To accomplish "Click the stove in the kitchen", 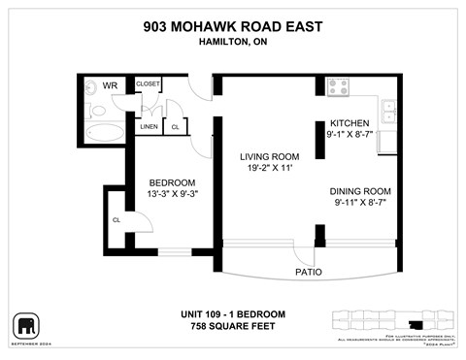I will pyautogui.click(x=338, y=86).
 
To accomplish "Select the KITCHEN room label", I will pyautogui.click(x=349, y=123).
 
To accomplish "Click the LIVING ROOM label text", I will pyautogui.click(x=269, y=155).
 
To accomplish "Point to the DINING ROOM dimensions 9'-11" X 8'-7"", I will pyautogui.click(x=362, y=204).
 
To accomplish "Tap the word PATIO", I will pyautogui.click(x=308, y=271).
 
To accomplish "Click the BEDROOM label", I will pyautogui.click(x=172, y=182).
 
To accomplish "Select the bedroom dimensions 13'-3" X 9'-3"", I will pyautogui.click(x=172, y=195).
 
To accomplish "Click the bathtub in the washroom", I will pyautogui.click(x=100, y=133).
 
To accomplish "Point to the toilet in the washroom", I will pyautogui.click(x=90, y=85).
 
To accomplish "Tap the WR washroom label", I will pyautogui.click(x=110, y=85).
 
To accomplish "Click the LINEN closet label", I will pyautogui.click(x=149, y=127).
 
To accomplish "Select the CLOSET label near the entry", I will pyautogui.click(x=149, y=84).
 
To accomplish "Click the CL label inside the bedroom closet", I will pyautogui.click(x=116, y=219).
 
